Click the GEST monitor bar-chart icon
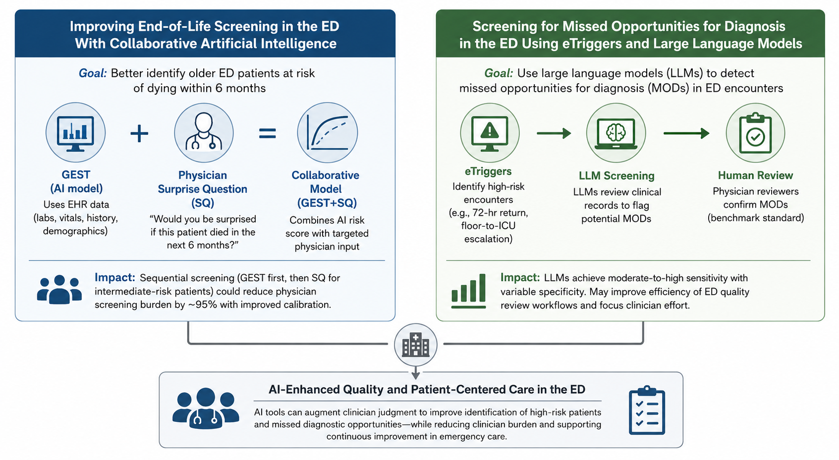(75, 133)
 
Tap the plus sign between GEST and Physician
(139, 134)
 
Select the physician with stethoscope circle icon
(204, 133)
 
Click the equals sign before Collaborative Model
(268, 134)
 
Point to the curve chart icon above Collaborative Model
(328, 133)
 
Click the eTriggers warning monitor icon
(490, 133)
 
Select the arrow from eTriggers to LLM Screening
(554, 133)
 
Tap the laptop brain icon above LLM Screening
(616, 133)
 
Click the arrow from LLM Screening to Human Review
(686, 133)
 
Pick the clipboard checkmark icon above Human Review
(755, 133)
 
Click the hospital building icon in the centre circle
(415, 345)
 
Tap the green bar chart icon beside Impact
(469, 291)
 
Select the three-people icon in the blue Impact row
(59, 289)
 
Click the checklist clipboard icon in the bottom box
(647, 410)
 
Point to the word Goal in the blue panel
(93, 73)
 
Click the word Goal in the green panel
(499, 73)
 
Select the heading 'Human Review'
(755, 175)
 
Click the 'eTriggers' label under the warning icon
(488, 171)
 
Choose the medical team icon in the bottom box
(206, 408)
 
